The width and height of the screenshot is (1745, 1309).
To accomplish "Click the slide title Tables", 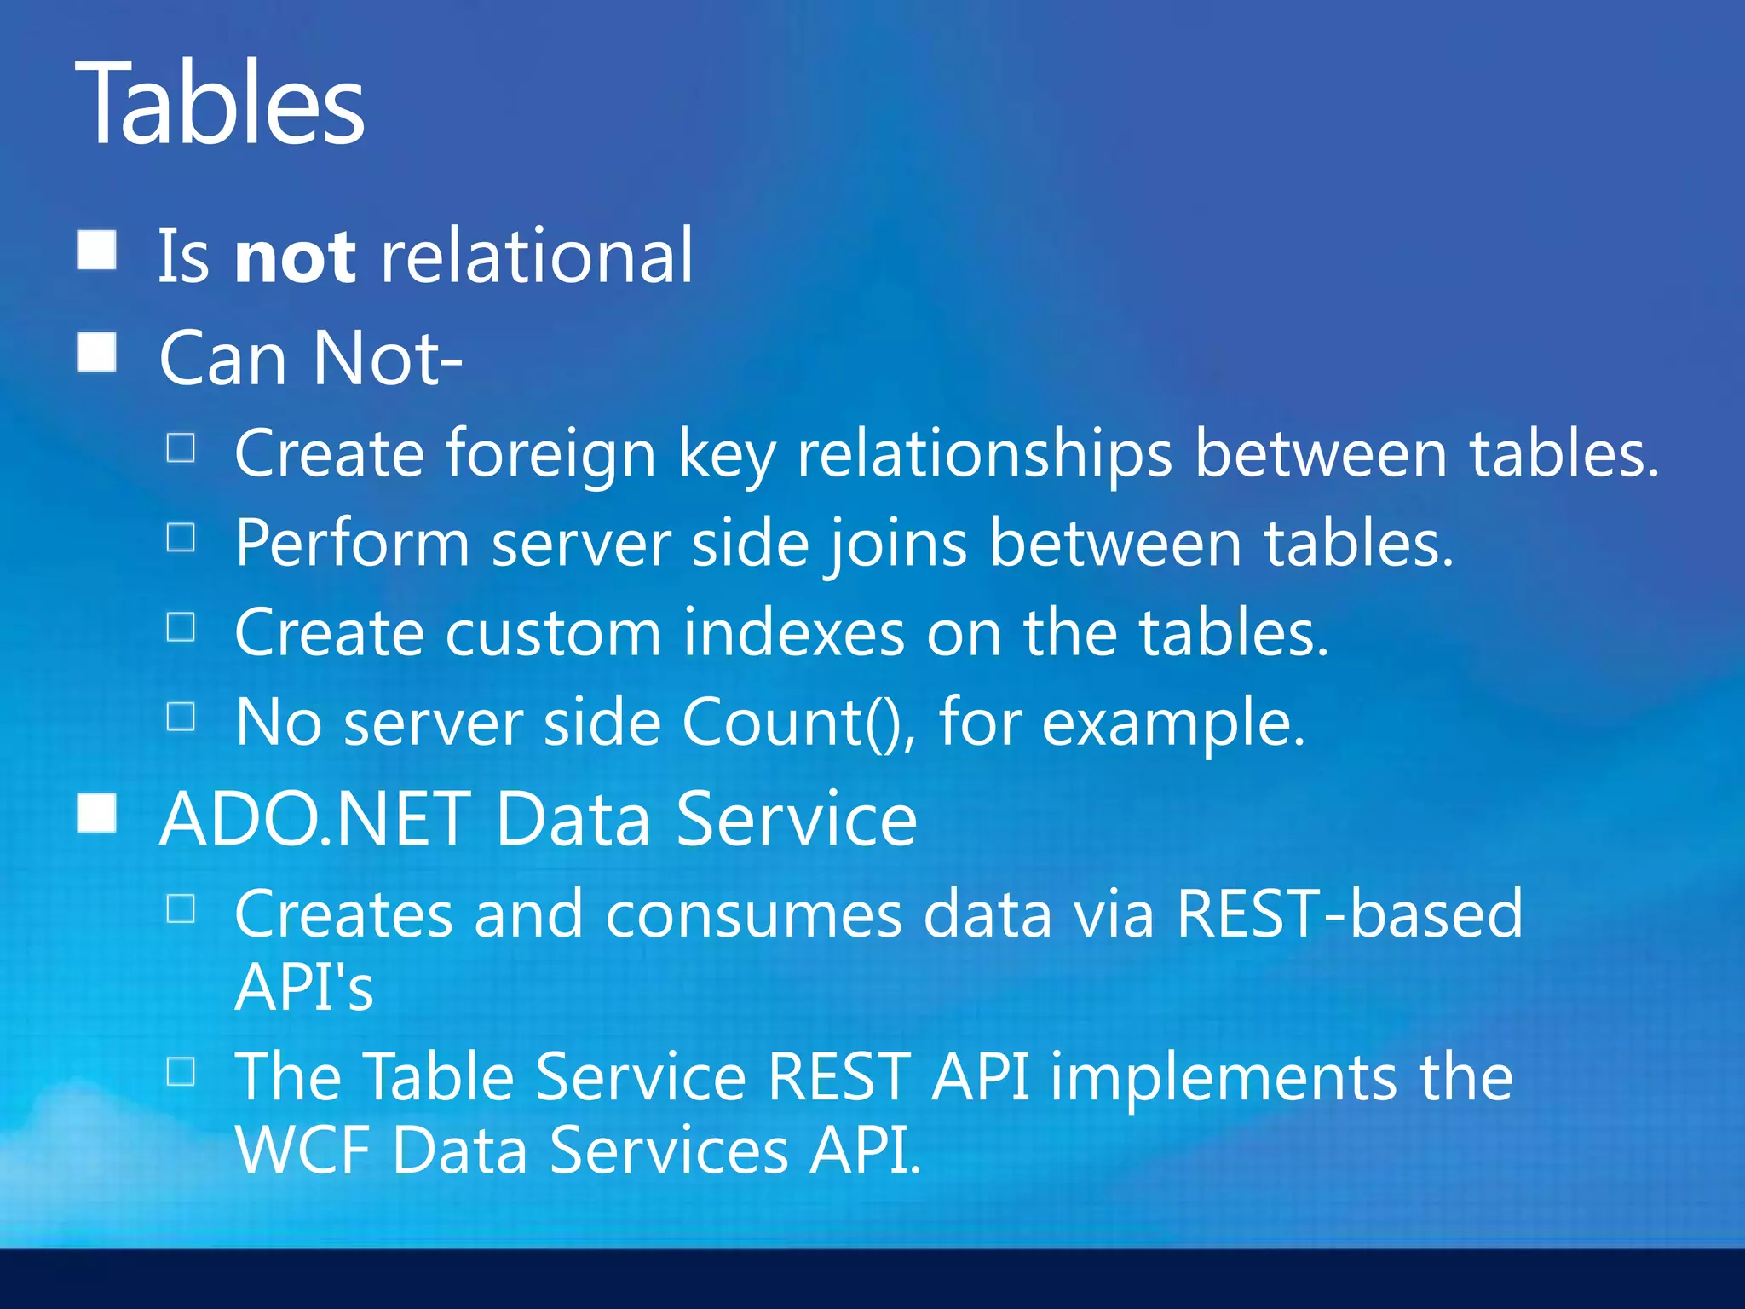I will (x=220, y=104).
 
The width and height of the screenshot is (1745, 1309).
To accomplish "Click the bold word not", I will (x=295, y=257).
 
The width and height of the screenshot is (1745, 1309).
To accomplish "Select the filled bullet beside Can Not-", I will (x=96, y=352).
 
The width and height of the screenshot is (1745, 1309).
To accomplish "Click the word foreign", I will (x=550, y=454).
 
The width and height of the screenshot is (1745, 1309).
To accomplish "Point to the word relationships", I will (x=984, y=454).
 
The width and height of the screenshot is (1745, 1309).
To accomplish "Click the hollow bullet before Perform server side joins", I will (x=181, y=538).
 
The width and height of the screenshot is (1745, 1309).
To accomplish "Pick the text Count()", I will (x=798, y=723).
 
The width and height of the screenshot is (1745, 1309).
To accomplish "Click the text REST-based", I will (x=1349, y=914).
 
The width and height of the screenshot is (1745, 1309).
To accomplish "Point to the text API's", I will (x=304, y=987).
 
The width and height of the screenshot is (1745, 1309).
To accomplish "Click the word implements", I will (x=1224, y=1077).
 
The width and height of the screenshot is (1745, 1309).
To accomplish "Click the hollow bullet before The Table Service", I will (x=181, y=1071).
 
